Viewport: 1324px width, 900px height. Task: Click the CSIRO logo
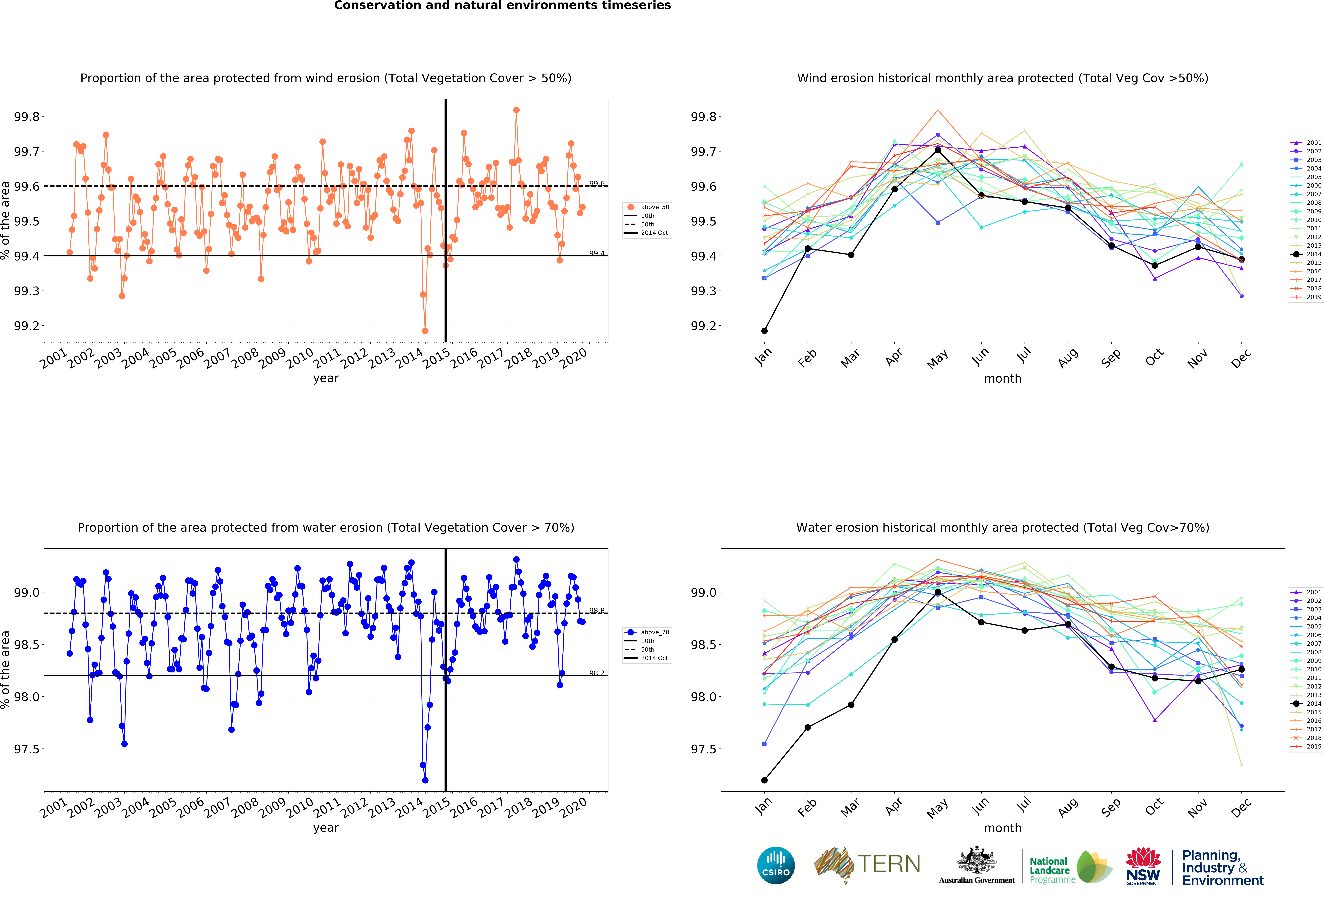coord(776,865)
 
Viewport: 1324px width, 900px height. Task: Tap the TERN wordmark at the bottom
coord(889,864)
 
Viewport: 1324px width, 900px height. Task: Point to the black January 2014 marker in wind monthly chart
coord(765,331)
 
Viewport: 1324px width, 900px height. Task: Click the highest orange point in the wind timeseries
coord(516,110)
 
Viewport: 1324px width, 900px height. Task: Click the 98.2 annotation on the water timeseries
coord(597,673)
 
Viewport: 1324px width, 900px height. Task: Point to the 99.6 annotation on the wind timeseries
coord(597,183)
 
